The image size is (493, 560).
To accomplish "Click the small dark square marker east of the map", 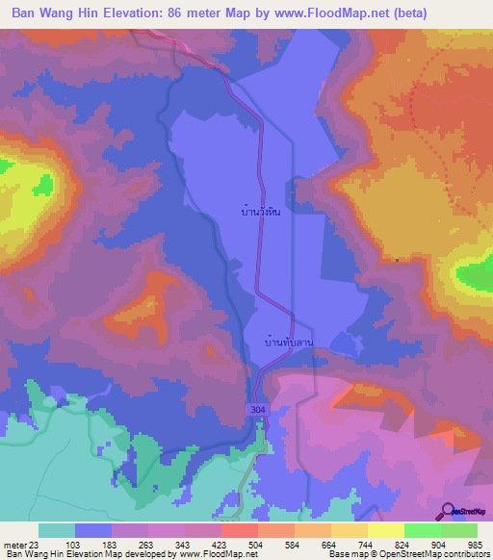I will click(397, 259).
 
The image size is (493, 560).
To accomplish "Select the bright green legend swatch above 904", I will click(423, 530).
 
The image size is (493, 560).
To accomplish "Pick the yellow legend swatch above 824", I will click(386, 530).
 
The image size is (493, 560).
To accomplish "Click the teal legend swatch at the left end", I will click(57, 530).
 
